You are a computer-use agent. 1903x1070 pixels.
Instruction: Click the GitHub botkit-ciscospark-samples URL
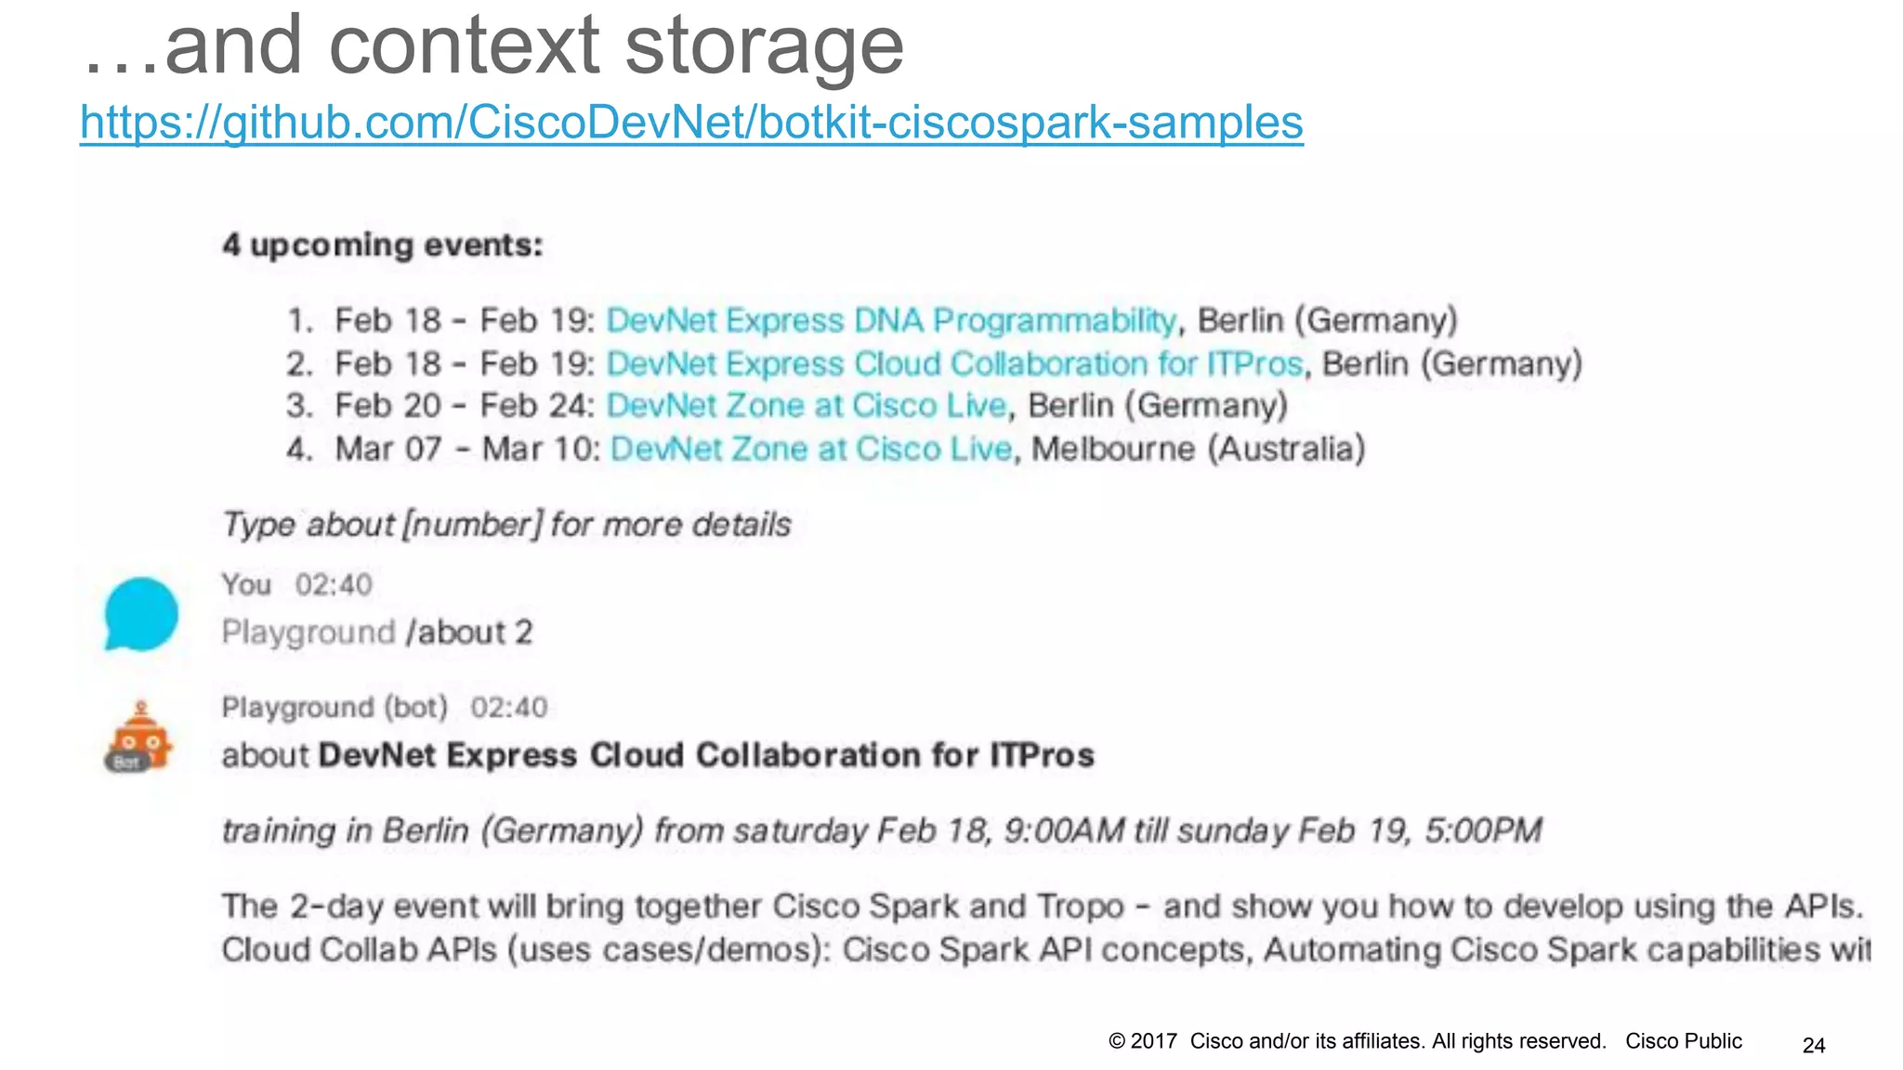691,123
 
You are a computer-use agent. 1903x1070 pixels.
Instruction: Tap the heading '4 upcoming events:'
382,245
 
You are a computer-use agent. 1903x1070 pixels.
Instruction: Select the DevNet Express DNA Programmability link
891,320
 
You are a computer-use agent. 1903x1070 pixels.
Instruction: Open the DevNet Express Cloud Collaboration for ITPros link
954,363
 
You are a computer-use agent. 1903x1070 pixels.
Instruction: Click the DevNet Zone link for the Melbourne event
810,449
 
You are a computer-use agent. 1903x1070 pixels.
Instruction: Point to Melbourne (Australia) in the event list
1198,449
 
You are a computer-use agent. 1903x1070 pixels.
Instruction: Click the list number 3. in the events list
299,406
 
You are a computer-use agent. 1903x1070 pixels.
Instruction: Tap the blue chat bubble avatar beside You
140,614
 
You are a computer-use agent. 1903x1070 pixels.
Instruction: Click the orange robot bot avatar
139,737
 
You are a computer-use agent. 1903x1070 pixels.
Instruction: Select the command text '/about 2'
469,633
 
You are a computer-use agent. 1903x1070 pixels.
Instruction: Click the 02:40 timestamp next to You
334,584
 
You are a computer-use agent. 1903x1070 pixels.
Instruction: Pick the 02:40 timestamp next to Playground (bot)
508,708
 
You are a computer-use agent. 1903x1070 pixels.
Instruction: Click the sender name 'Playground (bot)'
335,708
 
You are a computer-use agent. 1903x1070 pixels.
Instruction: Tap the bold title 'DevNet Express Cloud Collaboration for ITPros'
706,755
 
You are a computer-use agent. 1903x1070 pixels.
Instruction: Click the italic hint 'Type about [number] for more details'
506,525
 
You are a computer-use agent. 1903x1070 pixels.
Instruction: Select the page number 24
1814,1045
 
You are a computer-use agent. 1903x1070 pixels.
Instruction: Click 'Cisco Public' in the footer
1683,1041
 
